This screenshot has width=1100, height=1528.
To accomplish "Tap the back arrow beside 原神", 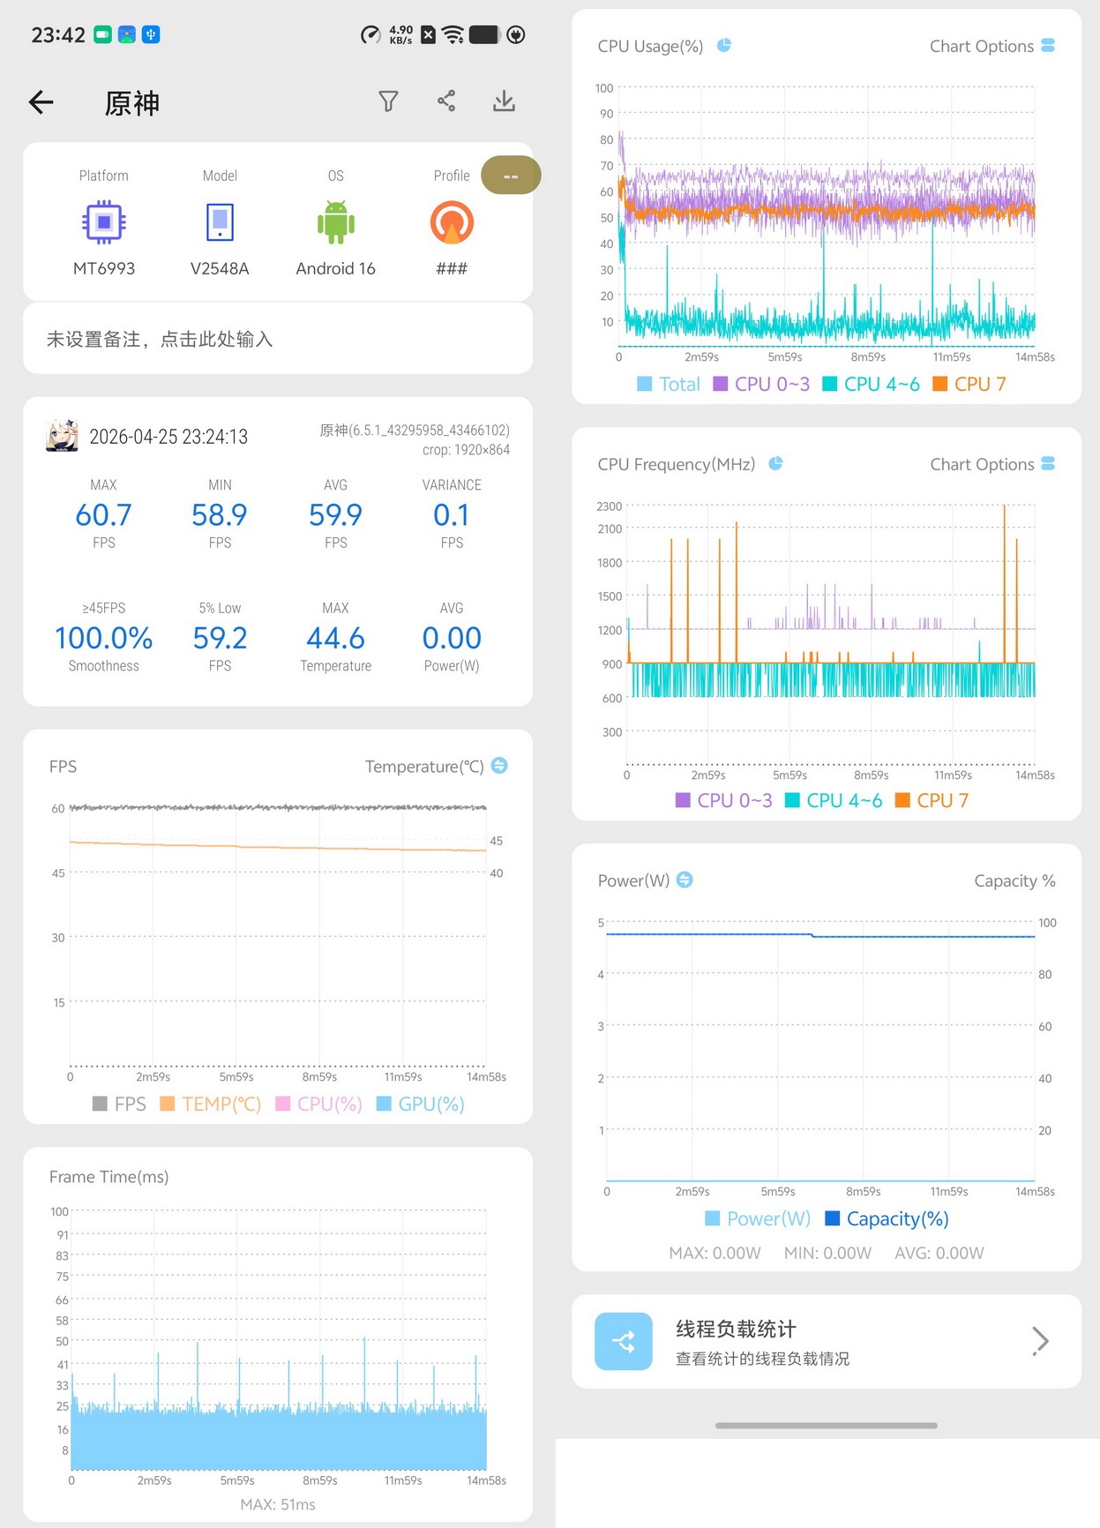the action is click(x=41, y=102).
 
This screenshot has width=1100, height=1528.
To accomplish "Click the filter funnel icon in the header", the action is click(x=388, y=101).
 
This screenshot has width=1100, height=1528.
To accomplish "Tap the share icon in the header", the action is click(x=446, y=101).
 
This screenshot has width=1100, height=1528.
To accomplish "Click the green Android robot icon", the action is click(x=336, y=222).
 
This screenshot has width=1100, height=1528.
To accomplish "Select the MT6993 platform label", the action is click(x=104, y=268).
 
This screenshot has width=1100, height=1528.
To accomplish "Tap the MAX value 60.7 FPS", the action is click(x=104, y=514).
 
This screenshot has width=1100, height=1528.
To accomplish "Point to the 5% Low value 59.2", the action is click(x=220, y=638).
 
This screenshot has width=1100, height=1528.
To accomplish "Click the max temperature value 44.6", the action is click(x=335, y=638).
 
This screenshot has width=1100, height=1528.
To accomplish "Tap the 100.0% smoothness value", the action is click(x=104, y=638).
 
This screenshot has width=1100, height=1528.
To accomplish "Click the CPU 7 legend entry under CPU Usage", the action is click(x=969, y=384).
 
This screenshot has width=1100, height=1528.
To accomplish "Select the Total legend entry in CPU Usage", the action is click(x=669, y=384).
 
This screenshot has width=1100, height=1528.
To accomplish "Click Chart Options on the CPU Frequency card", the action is click(x=992, y=464).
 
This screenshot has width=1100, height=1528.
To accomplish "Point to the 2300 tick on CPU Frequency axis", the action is click(x=610, y=506).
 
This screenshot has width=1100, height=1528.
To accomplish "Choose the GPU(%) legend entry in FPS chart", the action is click(x=421, y=1104).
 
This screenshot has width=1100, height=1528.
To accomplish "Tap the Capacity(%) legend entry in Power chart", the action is click(x=887, y=1218).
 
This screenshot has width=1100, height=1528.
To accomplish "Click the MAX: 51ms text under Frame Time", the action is click(x=278, y=1504).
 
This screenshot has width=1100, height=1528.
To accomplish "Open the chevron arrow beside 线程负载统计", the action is click(x=1041, y=1341).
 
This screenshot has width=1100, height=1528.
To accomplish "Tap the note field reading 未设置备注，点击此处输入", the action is click(x=160, y=340).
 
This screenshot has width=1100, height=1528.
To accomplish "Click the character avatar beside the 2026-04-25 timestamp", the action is click(x=62, y=436).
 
